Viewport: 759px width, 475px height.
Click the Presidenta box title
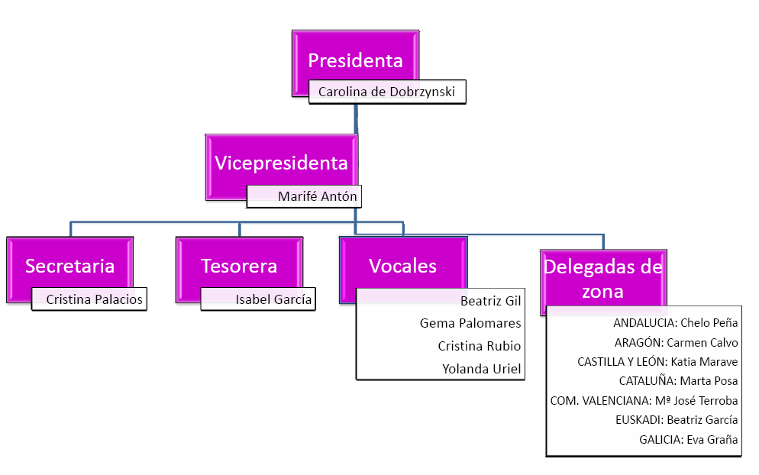tap(355, 60)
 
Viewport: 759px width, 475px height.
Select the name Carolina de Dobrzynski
tap(386, 92)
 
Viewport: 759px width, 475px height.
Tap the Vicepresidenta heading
tap(281, 163)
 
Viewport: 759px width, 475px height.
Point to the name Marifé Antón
tap(306, 196)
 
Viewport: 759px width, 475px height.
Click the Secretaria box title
tap(69, 266)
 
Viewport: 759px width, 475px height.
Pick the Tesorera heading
tap(239, 266)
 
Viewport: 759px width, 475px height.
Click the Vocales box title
tap(402, 266)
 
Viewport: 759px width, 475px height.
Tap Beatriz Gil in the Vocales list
tap(490, 301)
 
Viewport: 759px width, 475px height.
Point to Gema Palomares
tap(470, 323)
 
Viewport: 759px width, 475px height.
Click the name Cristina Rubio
tap(479, 346)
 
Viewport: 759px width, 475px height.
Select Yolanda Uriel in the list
tap(481, 369)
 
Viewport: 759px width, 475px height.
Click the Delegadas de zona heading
tap(602, 279)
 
